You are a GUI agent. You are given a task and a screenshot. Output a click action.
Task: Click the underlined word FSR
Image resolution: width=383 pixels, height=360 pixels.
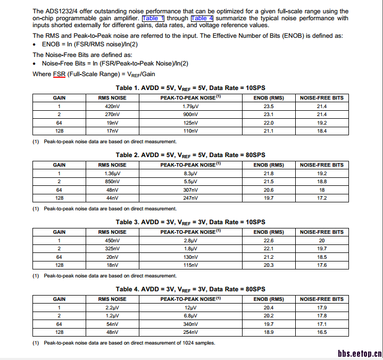[x=59, y=74]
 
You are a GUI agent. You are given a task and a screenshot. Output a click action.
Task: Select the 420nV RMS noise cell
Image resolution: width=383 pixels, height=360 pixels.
[x=112, y=107]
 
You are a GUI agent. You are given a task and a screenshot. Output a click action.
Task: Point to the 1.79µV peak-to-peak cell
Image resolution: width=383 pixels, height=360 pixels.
[x=190, y=107]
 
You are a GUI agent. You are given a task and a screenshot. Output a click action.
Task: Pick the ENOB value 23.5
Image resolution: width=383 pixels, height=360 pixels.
[x=269, y=107]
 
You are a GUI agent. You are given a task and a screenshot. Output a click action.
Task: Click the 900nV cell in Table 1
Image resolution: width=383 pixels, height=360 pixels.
[x=190, y=114]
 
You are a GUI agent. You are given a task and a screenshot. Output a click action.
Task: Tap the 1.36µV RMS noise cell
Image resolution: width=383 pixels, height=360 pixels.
[x=112, y=174]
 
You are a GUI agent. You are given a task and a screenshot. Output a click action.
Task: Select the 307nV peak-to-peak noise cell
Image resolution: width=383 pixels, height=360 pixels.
[x=190, y=190]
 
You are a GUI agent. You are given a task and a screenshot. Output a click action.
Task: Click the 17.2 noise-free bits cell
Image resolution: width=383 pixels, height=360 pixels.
[x=322, y=198]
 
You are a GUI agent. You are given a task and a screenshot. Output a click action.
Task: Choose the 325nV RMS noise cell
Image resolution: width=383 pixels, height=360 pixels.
[x=112, y=249]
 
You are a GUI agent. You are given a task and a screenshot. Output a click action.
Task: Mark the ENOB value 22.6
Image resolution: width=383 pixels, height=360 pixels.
[x=269, y=241]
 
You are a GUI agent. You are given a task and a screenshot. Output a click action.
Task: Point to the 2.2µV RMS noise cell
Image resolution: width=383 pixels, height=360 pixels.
[x=112, y=308]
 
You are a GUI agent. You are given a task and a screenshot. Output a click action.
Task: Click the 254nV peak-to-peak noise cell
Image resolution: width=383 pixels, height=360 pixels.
[x=190, y=332]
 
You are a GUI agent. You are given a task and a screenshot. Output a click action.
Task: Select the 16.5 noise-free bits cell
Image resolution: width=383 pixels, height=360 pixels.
[x=322, y=332]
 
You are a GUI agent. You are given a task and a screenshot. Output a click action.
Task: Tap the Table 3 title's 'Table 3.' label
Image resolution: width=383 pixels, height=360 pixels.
[x=128, y=222]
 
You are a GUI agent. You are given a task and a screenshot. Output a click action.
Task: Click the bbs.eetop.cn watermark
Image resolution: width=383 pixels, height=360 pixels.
[x=360, y=353]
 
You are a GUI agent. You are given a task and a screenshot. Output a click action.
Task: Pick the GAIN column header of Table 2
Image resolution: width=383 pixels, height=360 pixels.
[x=59, y=165]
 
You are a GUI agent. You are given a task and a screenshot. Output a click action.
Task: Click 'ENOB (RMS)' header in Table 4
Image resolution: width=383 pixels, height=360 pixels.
[x=269, y=299]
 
